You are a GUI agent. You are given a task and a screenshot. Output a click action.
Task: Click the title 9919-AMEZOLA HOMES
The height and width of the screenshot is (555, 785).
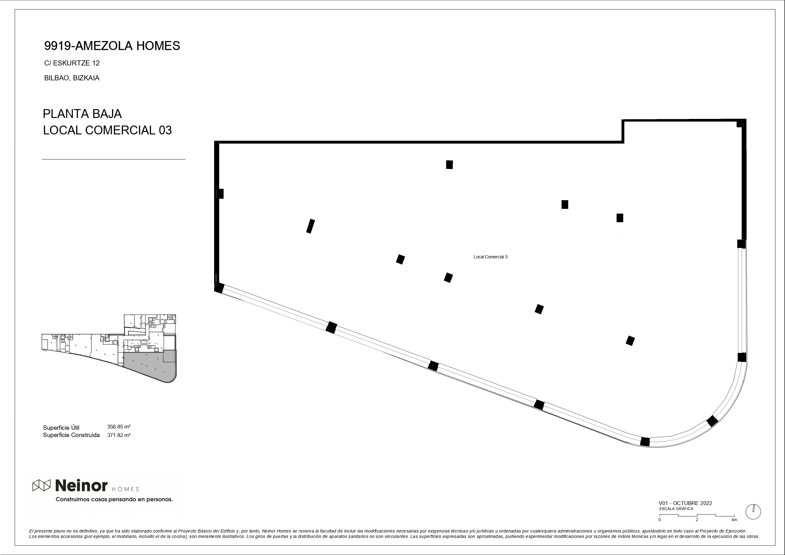click(112, 46)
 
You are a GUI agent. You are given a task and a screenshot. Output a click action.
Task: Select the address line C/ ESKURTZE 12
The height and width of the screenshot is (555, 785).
click(72, 63)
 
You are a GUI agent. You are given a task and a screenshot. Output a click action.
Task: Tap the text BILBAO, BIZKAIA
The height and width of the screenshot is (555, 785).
click(72, 78)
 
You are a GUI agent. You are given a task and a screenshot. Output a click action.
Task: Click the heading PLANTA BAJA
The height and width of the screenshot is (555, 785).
click(82, 114)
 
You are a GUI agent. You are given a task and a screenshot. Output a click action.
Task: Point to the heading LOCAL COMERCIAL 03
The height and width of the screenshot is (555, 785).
click(107, 130)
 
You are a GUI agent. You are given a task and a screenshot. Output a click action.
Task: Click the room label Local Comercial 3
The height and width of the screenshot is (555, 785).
click(490, 257)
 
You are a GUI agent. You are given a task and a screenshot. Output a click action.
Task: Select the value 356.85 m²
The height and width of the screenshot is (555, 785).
click(119, 427)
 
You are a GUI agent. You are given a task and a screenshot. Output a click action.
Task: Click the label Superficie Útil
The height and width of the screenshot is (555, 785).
click(61, 428)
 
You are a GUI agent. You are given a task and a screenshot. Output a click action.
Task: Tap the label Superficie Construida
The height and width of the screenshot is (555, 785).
click(71, 435)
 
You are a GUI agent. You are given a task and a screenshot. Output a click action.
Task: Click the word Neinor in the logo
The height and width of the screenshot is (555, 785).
click(81, 485)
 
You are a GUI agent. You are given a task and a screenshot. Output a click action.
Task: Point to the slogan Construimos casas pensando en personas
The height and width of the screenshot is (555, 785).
click(114, 499)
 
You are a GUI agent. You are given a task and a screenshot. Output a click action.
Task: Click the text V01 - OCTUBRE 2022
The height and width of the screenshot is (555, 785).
click(685, 503)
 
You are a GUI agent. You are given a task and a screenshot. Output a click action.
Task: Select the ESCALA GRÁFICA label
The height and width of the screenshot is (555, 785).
click(676, 509)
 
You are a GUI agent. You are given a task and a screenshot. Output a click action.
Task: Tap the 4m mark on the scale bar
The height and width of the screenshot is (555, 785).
click(734, 520)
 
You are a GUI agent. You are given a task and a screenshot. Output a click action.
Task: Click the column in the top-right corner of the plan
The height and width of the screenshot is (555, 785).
click(740, 123)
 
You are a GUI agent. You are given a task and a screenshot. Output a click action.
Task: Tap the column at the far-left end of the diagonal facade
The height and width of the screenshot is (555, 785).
click(219, 287)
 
